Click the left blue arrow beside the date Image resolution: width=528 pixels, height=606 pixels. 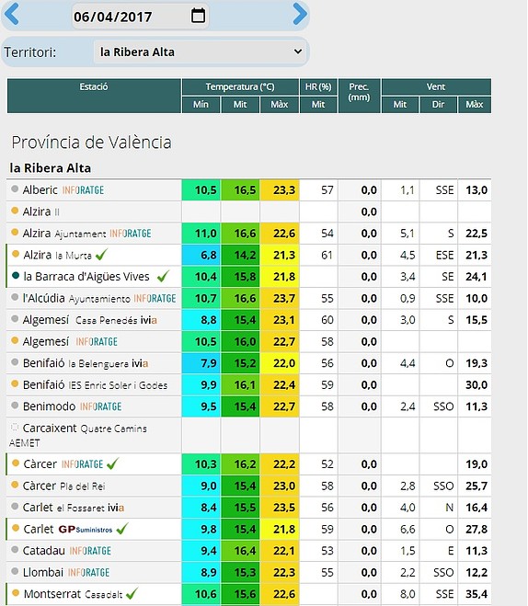[x=12, y=14]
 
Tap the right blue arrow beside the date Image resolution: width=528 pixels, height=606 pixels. [x=300, y=14]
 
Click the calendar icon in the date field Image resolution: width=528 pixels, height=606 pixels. [x=199, y=16]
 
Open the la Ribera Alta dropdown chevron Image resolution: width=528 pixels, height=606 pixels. [x=298, y=51]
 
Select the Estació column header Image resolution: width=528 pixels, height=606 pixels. [x=94, y=86]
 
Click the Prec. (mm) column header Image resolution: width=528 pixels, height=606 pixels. [x=359, y=92]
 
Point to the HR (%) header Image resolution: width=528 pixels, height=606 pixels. [x=318, y=86]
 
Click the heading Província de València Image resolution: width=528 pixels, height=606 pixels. [x=92, y=143]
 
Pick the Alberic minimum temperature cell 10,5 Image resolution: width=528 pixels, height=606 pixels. [x=201, y=190]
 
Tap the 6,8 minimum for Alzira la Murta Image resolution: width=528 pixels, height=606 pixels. [x=201, y=255]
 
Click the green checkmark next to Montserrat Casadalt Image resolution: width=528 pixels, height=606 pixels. [x=132, y=593]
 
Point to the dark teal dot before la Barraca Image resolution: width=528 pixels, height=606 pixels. [x=16, y=276]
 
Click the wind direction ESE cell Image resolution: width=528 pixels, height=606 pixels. [x=444, y=255]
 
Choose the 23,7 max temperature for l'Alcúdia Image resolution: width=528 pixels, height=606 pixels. [x=284, y=298]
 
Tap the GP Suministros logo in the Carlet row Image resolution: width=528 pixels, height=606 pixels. [x=85, y=529]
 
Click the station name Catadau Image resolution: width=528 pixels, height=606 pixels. [x=43, y=550]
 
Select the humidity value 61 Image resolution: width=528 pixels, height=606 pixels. [x=327, y=255]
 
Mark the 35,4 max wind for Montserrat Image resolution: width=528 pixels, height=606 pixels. [x=476, y=594]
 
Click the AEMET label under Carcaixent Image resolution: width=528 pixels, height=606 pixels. [x=24, y=443]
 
